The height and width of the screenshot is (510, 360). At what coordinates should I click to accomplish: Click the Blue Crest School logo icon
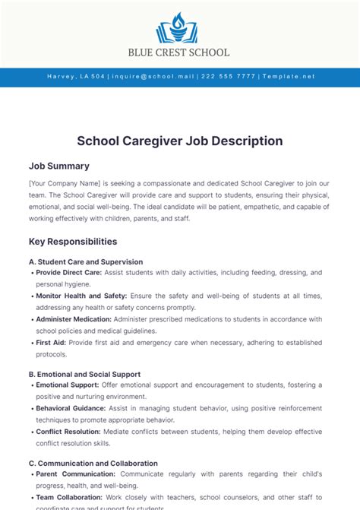(180, 28)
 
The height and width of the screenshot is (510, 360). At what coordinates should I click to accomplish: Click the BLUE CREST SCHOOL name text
(180, 52)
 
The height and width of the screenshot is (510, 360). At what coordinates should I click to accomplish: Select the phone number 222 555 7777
(229, 77)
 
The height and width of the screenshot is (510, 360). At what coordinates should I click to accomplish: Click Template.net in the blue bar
(287, 77)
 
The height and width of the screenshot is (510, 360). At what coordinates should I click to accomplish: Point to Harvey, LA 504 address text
(76, 77)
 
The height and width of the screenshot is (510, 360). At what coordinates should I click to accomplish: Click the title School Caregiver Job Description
(180, 141)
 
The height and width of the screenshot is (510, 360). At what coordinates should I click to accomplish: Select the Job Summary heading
(59, 166)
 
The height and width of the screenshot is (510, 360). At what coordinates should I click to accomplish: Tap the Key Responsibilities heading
(73, 242)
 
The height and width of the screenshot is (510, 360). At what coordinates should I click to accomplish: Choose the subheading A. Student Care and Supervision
(86, 261)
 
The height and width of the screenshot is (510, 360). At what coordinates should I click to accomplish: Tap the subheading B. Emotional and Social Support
(84, 374)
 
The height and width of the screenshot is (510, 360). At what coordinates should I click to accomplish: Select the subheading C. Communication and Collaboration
(93, 463)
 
